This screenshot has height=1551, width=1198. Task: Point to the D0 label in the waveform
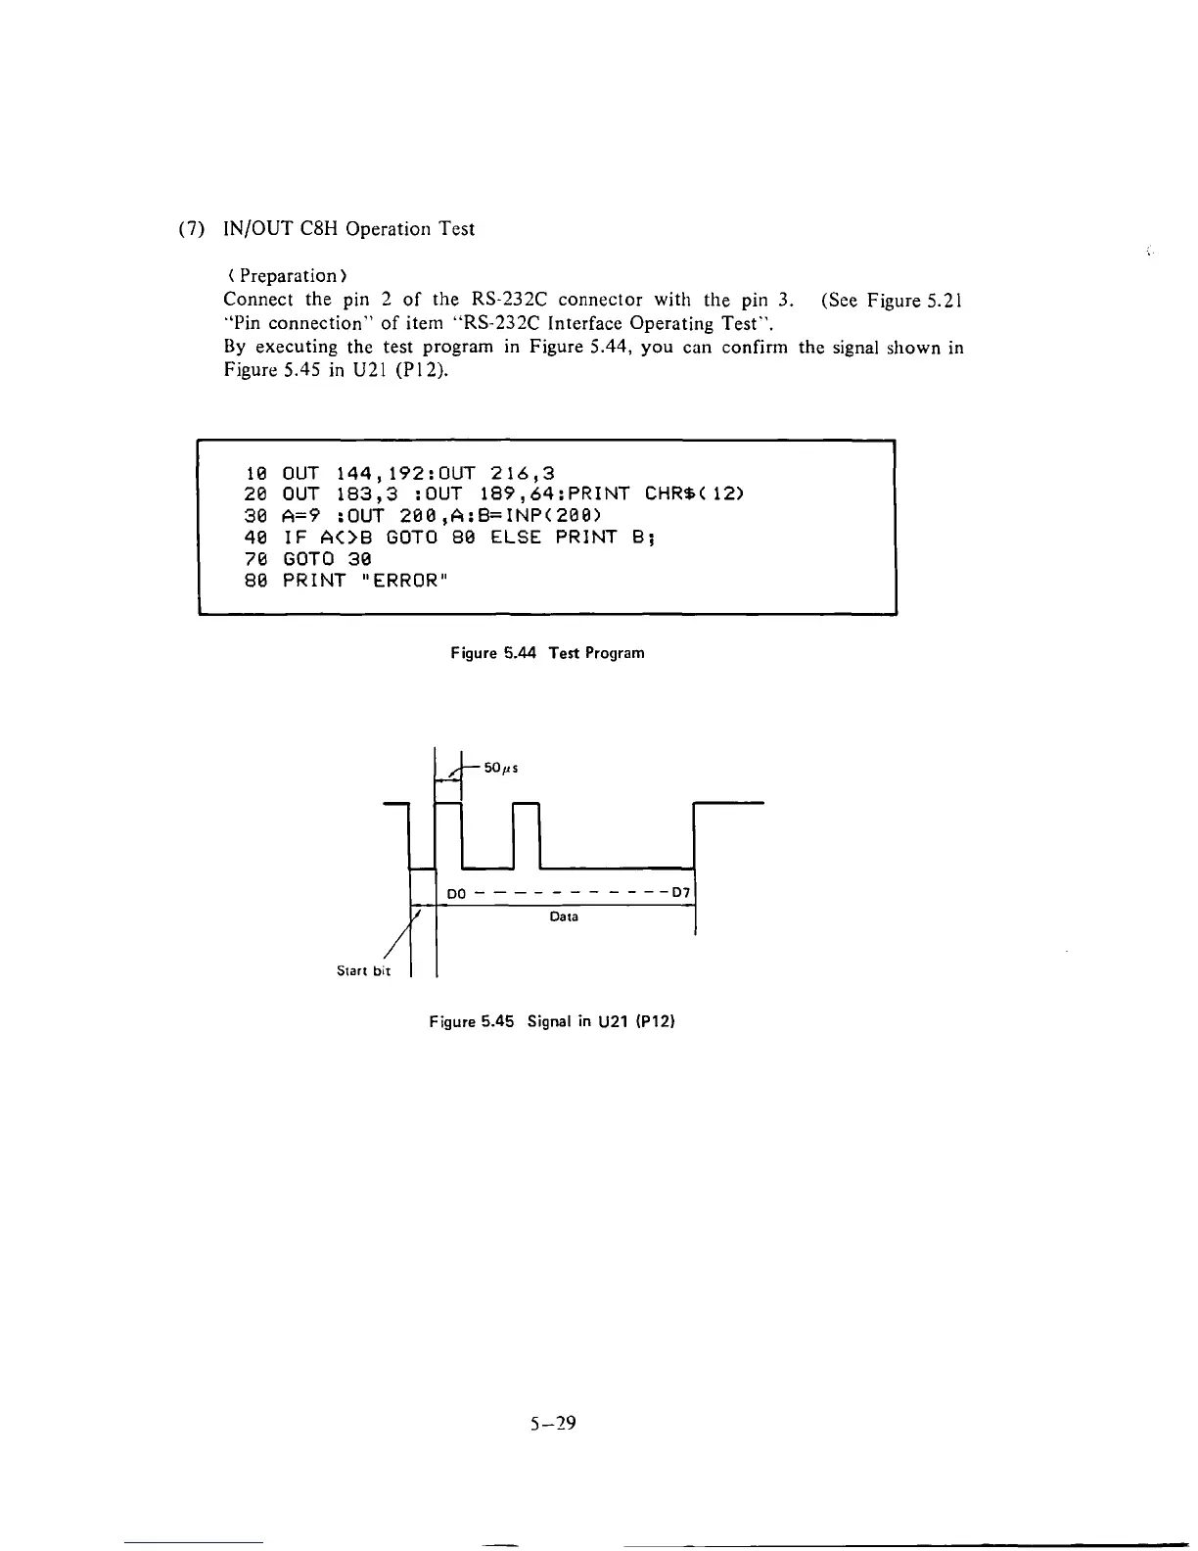pos(455,894)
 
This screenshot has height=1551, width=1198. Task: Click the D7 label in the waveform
pos(681,893)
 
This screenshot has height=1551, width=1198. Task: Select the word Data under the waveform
pos(564,917)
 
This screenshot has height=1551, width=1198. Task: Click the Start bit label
pos(363,971)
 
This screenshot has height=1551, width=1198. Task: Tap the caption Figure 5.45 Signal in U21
pos(553,1022)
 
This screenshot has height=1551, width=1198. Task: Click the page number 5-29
pos(549,1424)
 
